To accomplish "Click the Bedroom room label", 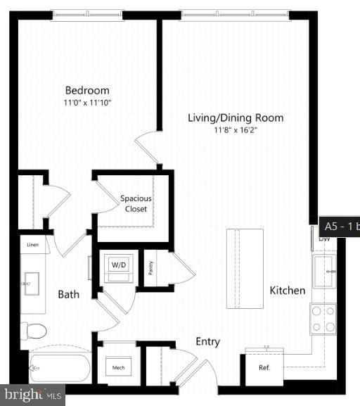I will point(87,90).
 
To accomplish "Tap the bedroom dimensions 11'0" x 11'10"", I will point(87,102).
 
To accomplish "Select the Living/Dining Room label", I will point(236,118).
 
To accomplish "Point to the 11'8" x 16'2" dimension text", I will point(236,129).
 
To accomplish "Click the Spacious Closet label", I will point(136,203).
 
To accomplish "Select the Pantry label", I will point(150,267).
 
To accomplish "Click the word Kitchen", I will point(288,290).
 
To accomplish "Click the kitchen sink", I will point(324,272).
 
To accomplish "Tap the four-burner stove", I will point(323,319).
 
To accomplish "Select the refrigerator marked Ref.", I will point(264,367).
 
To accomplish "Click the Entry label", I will point(207,342).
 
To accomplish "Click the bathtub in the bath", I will point(60,367).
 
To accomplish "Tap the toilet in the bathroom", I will point(34,330).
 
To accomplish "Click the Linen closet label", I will point(33,245).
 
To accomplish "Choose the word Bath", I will point(68,294).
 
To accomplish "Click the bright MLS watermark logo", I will point(32,395).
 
